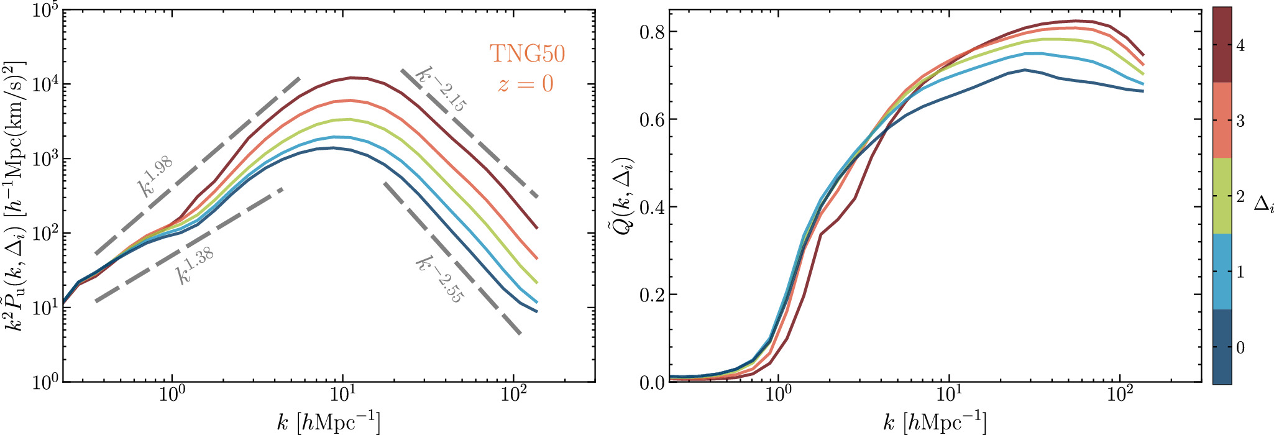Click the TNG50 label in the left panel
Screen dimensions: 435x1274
click(x=527, y=54)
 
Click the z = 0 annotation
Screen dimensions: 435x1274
click(x=525, y=83)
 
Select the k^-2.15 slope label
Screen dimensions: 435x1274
click(x=441, y=88)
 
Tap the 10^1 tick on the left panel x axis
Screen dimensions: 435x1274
click(x=342, y=396)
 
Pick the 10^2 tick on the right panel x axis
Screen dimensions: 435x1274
click(x=1120, y=396)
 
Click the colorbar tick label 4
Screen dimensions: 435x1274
click(x=1240, y=46)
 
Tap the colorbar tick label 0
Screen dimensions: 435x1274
click(x=1240, y=347)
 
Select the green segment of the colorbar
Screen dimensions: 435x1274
click(x=1222, y=196)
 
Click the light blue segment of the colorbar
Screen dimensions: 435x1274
click(x=1222, y=272)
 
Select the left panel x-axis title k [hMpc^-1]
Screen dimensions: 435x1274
click(x=328, y=423)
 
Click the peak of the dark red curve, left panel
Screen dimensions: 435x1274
click(x=352, y=78)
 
